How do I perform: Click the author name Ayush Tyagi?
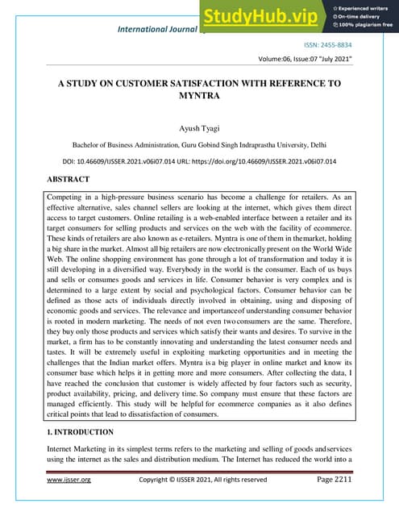199,127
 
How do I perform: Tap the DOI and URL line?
199,160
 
